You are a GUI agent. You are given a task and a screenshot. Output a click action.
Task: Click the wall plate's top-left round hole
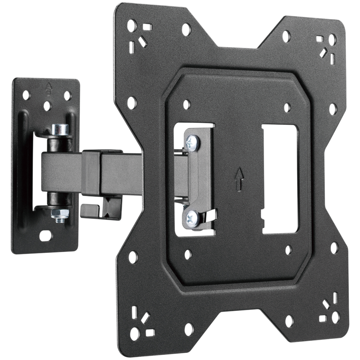pyautogui.click(x=26, y=95)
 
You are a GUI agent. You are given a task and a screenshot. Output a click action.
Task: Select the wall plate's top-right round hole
pyautogui.click(x=67, y=96)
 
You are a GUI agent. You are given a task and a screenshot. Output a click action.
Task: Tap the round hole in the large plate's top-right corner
pyautogui.click(x=332, y=39)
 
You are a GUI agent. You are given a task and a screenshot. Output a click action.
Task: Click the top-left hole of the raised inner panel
pyautogui.click(x=186, y=104)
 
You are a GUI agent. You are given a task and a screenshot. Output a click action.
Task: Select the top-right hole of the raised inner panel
pyautogui.click(x=287, y=108)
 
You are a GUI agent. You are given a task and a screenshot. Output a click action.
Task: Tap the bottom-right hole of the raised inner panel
pyautogui.click(x=288, y=250)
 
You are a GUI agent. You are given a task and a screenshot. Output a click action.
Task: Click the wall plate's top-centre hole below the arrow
pyautogui.click(x=48, y=106)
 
